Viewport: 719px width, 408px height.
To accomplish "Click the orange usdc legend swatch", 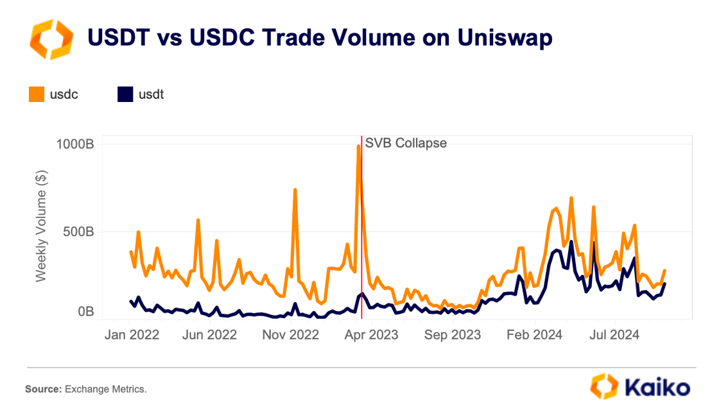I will click(37, 94).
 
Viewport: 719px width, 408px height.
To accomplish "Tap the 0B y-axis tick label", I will click(87, 312).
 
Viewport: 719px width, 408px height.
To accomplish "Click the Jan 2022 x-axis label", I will click(132, 335).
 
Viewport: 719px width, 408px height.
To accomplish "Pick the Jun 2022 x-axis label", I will click(210, 335).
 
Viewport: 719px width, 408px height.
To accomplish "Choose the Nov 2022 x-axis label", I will click(291, 335).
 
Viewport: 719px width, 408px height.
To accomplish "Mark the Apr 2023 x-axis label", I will click(371, 335).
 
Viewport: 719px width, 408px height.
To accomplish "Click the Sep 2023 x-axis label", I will click(453, 335).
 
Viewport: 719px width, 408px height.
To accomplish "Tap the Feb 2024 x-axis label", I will click(535, 335).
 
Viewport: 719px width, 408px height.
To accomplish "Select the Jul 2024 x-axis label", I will click(614, 335).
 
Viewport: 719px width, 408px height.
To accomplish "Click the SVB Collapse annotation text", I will click(406, 143).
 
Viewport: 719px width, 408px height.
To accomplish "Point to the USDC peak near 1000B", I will click(358, 146).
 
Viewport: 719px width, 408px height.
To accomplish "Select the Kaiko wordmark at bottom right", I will click(655, 387).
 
